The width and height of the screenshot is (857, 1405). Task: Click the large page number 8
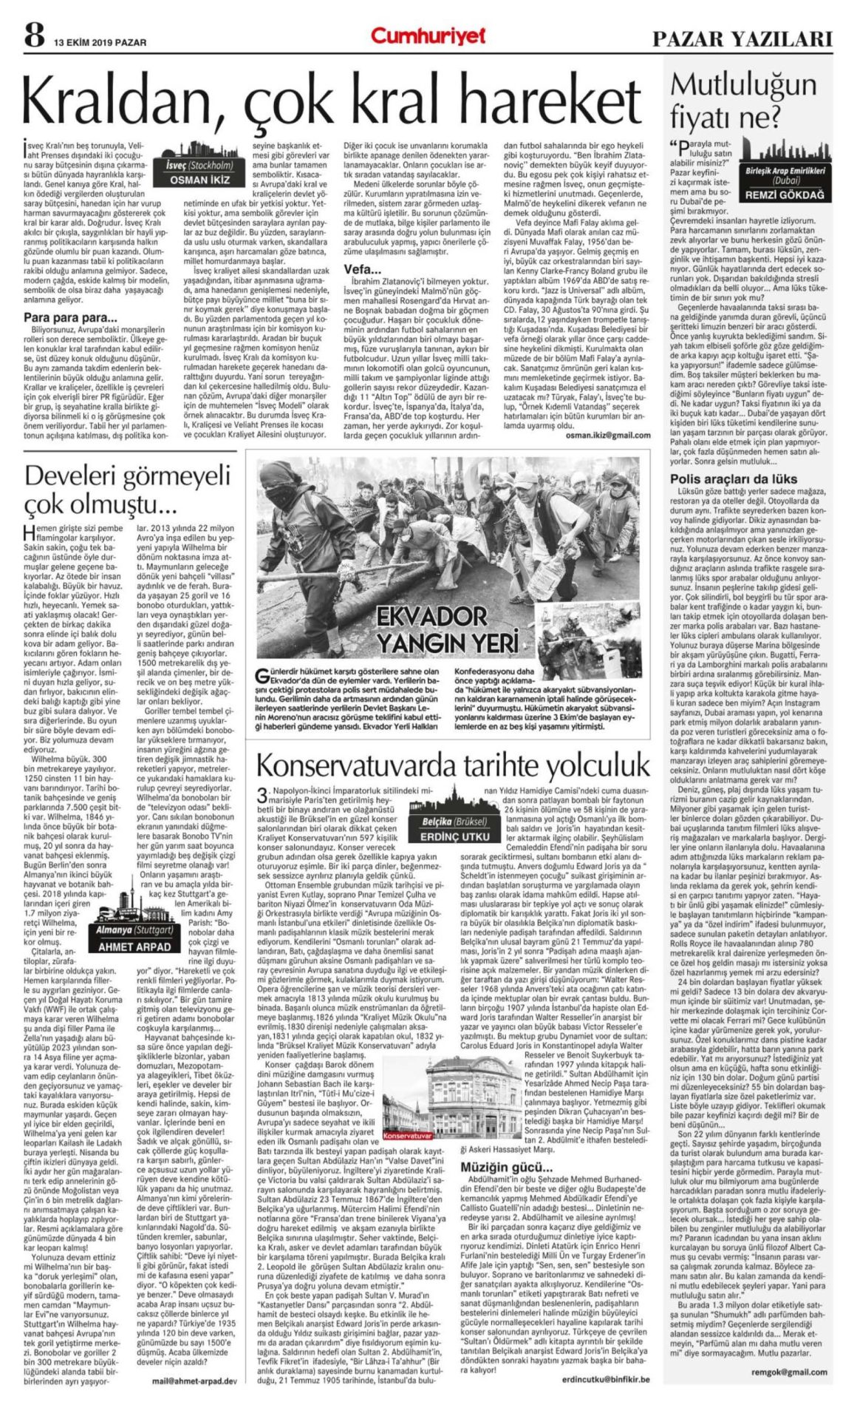point(33,35)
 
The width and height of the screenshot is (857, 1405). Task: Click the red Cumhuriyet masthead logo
point(428,35)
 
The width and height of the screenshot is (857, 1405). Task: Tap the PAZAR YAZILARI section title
point(742,38)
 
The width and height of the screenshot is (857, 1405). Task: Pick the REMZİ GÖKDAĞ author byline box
point(785,195)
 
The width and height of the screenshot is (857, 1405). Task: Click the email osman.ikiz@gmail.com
point(607,436)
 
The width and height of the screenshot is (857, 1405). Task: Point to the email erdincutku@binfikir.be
point(605,1379)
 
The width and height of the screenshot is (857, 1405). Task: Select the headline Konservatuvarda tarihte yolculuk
point(453,765)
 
